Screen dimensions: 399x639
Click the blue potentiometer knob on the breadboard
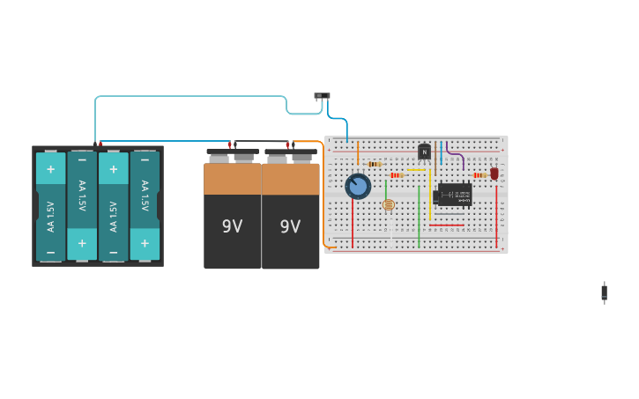coord(358,186)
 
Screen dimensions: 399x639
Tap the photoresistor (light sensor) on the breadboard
coord(389,204)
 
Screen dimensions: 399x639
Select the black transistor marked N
coord(424,151)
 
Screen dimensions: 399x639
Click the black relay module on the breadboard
coord(455,194)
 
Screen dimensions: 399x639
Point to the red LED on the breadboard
coord(494,174)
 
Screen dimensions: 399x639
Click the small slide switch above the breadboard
coord(322,95)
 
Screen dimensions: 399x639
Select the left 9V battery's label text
coord(232,226)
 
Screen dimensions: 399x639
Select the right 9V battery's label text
coord(290,226)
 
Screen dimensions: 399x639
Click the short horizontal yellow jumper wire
coord(416,169)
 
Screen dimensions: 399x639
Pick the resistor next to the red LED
coord(479,174)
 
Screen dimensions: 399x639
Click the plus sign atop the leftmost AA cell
coord(50,169)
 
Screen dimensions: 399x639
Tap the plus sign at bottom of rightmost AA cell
coord(145,243)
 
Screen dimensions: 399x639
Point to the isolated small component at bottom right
coord(604,292)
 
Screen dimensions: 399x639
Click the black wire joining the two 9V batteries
coord(261,141)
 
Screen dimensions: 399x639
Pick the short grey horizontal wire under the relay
coord(449,213)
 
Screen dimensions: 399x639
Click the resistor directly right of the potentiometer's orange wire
coord(375,164)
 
